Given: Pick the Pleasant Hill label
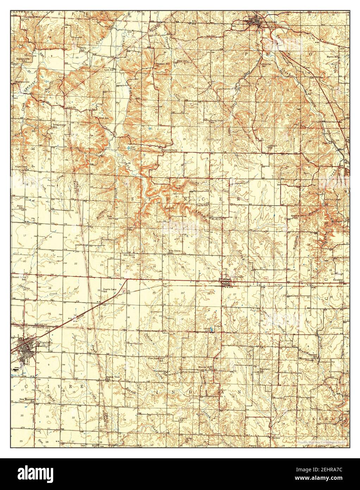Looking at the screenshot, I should click(163, 64).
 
